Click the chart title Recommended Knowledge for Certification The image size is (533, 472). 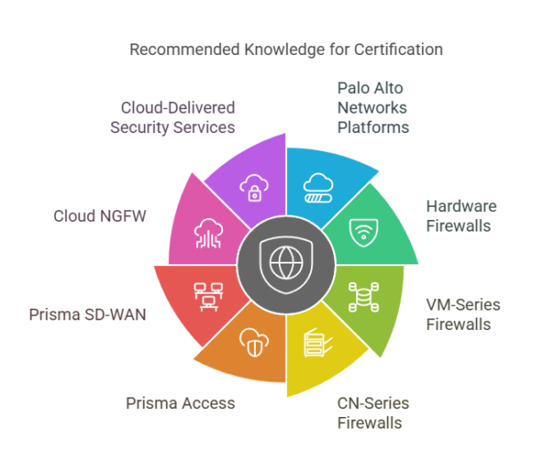tap(286, 49)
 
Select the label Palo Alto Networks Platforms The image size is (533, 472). tap(373, 107)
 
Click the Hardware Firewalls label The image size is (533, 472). tap(461, 216)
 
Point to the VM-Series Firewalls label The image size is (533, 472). tap(463, 314)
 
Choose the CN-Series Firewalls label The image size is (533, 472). tap(373, 413)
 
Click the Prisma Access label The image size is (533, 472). tap(181, 403)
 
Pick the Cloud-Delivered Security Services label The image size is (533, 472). tap(172, 117)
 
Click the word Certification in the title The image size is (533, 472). tap(400, 49)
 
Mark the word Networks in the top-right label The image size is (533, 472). tap(371, 107)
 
